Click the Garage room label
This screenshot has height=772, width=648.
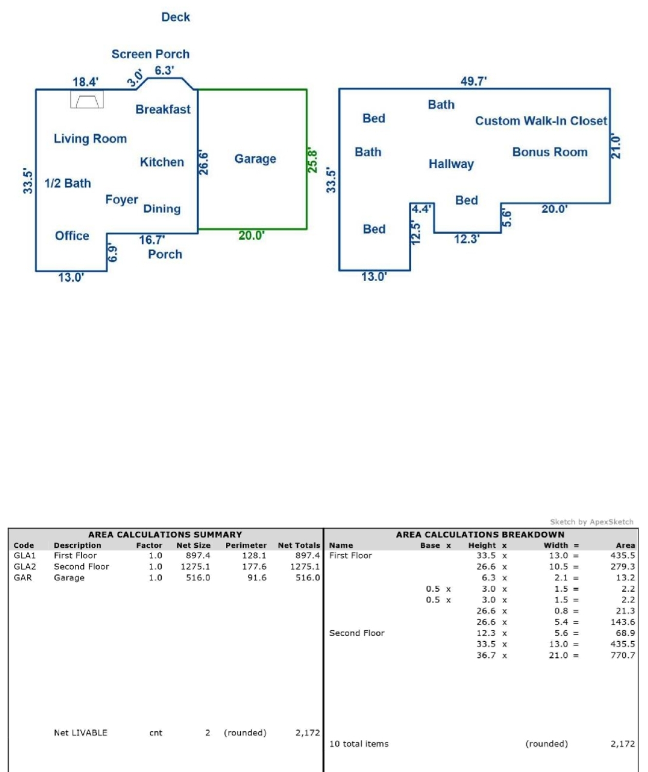point(255,159)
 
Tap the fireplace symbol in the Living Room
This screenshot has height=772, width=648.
point(87,99)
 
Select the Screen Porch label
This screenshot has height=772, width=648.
point(150,55)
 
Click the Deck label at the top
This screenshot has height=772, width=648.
point(176,17)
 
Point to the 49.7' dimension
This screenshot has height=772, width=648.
point(474,81)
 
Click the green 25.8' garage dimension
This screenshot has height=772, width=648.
point(312,161)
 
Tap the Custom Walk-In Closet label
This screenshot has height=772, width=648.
point(541,121)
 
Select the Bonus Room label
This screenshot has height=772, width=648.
point(550,152)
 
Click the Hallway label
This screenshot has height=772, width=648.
point(451,164)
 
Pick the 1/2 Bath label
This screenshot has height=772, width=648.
point(68,183)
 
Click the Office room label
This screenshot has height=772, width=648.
point(72,236)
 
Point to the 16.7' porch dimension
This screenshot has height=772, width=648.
point(152,240)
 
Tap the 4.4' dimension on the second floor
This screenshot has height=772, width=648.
point(421,209)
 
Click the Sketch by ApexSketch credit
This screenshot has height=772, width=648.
point(591,522)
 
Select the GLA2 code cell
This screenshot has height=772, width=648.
point(25,567)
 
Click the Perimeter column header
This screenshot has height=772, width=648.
point(246,546)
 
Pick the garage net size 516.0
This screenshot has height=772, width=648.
point(198,577)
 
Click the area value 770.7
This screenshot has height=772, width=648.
point(623,655)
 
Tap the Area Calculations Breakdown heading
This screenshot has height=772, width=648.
point(480,535)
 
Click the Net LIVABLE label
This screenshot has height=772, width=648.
point(80,733)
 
